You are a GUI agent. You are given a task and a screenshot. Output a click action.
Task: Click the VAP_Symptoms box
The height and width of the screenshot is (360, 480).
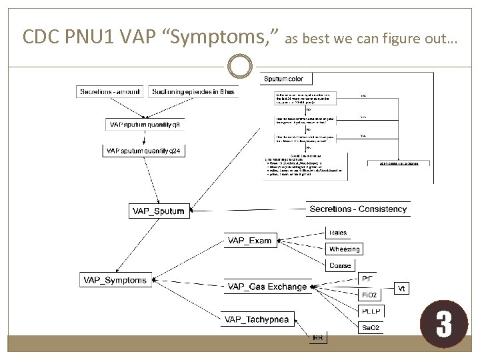coord(115,281)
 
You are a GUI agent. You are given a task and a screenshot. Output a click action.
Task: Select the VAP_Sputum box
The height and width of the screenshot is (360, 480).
coord(158,211)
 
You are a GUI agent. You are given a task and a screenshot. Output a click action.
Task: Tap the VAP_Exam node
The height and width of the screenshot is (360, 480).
coord(250,241)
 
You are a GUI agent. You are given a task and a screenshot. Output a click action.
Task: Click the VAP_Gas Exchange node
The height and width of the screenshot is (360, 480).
coord(267,287)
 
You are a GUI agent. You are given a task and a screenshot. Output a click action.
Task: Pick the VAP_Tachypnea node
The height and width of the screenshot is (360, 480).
coord(257,319)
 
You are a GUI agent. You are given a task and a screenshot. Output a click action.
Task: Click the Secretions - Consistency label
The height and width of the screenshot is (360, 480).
coord(358,209)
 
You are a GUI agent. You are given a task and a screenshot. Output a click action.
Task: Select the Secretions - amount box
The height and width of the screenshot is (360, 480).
coord(111,91)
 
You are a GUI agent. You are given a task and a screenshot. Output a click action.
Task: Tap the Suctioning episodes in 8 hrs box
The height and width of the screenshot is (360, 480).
coord(193,91)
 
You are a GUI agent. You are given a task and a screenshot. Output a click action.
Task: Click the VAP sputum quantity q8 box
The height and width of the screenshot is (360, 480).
coord(144,125)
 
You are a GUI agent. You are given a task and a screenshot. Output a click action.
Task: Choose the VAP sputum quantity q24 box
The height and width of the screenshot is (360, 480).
coord(143,151)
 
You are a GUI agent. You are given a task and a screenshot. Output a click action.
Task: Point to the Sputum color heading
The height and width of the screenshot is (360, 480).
coord(284,79)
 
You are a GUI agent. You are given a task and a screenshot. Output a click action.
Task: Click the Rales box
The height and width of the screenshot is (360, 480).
coord(338,233)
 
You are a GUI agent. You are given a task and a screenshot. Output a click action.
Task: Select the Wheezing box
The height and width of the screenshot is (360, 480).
coord(344,249)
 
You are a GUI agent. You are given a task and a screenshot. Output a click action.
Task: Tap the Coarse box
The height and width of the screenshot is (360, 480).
coord(340,265)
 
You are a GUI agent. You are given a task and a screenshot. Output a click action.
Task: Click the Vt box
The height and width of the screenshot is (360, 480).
coord(403,288)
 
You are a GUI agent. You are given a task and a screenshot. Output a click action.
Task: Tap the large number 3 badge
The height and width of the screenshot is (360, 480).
coord(443,325)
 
